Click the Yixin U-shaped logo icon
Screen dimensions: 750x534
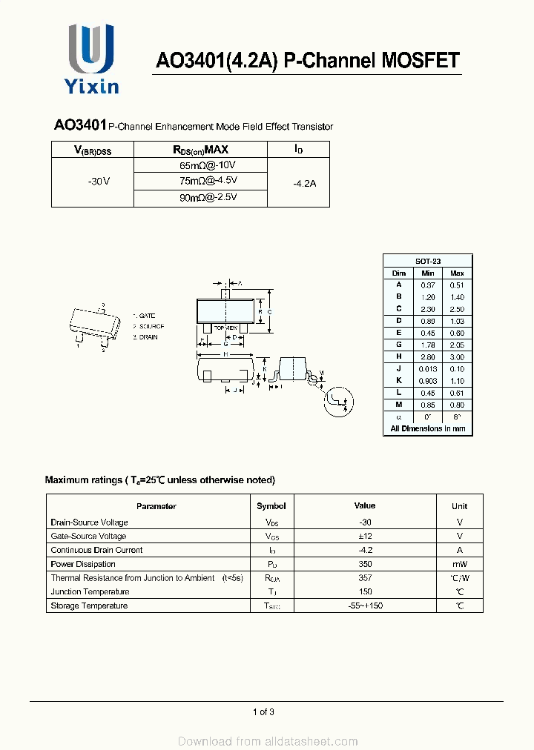pyautogui.click(x=91, y=49)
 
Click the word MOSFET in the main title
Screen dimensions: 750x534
pyautogui.click(x=421, y=61)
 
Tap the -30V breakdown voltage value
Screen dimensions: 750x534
pyautogui.click(x=98, y=182)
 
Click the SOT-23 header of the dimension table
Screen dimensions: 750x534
pyautogui.click(x=427, y=261)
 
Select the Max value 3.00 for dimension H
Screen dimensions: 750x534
pyautogui.click(x=457, y=356)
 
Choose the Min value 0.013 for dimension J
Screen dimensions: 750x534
pyautogui.click(x=428, y=368)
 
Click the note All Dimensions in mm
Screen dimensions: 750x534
pyautogui.click(x=427, y=428)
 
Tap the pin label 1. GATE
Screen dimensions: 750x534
pyautogui.click(x=145, y=316)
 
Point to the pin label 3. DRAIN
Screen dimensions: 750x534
pyautogui.click(x=146, y=337)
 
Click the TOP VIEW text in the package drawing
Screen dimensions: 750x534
pyautogui.click(x=225, y=327)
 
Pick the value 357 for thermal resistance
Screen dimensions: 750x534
pyautogui.click(x=364, y=577)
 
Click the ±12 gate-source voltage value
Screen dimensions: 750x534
pyautogui.click(x=364, y=536)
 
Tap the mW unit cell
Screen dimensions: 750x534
pyautogui.click(x=460, y=564)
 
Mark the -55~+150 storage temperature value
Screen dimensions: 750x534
pyautogui.click(x=364, y=605)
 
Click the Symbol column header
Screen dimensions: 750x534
pyautogui.click(x=271, y=506)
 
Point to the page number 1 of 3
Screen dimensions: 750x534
pyautogui.click(x=263, y=712)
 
